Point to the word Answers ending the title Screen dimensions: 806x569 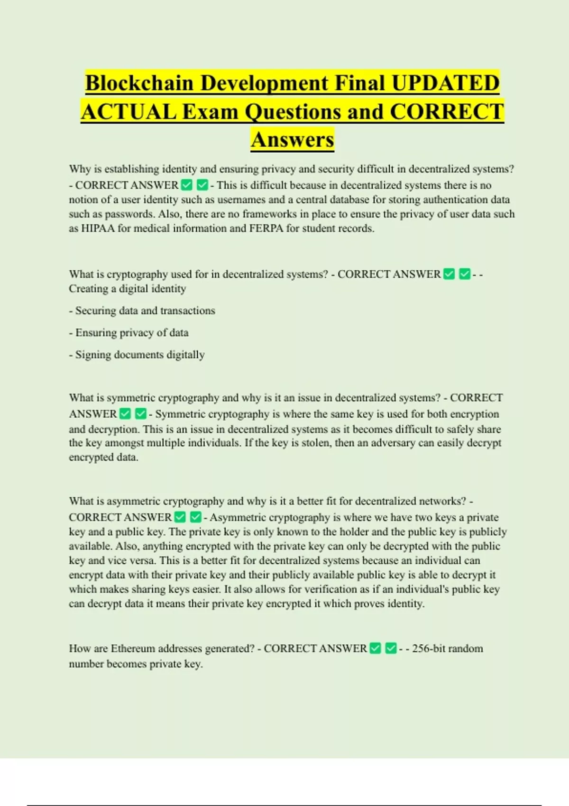click(x=293, y=140)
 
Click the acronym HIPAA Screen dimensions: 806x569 click(x=98, y=229)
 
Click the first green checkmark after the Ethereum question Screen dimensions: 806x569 click(x=376, y=649)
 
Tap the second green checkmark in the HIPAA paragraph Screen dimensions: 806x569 click(x=202, y=185)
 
